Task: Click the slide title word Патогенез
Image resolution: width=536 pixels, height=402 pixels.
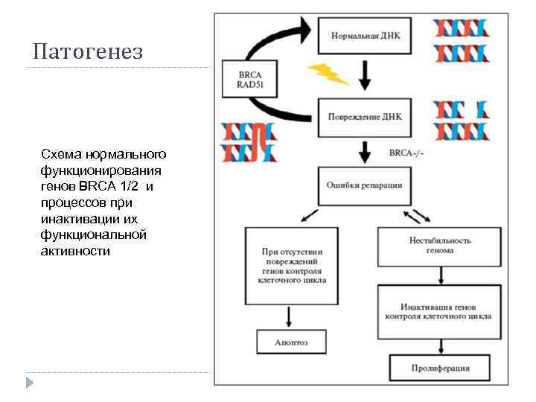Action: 88,52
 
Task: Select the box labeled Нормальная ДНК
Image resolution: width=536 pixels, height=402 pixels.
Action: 365,35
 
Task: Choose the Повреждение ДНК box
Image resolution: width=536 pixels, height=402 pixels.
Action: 365,116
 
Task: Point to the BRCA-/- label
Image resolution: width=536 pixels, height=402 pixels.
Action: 406,154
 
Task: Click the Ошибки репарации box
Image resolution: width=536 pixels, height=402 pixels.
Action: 365,185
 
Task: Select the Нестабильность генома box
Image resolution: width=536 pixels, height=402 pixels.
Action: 440,245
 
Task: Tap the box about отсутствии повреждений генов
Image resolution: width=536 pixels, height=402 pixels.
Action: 290,266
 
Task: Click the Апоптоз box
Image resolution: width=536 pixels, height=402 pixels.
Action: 290,342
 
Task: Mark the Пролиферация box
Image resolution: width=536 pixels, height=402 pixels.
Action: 440,367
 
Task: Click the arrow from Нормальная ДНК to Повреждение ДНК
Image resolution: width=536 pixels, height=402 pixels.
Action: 365,75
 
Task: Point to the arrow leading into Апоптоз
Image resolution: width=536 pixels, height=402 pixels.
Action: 290,318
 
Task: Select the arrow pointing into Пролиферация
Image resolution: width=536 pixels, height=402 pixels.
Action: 440,345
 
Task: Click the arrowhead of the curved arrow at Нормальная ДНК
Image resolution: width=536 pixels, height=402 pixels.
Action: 306,31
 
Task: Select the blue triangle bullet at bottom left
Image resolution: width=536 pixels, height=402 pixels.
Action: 29,383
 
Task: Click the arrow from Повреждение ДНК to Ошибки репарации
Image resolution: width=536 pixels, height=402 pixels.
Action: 365,153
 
